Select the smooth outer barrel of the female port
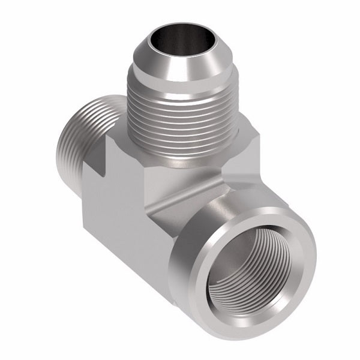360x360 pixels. click(198, 276)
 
